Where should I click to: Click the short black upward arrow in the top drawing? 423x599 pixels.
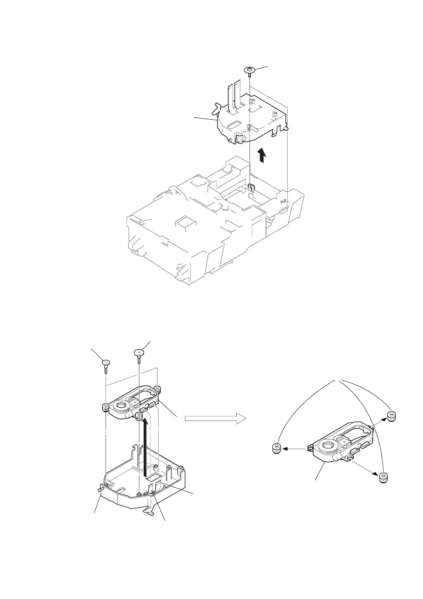point(262,155)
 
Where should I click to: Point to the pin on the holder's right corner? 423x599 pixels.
point(287,128)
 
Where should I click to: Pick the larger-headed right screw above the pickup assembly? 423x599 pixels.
point(138,353)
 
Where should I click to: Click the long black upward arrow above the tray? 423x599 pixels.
point(145,448)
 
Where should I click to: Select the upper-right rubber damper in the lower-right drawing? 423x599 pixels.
point(391,416)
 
